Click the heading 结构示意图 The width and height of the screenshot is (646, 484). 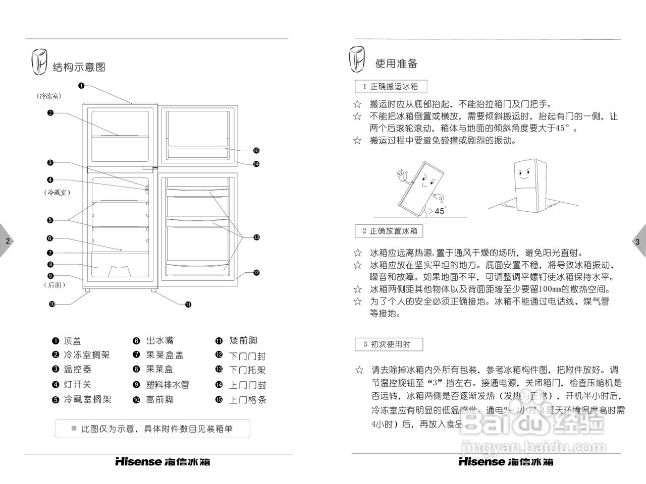click(x=79, y=67)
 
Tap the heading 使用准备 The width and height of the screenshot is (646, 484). click(x=396, y=64)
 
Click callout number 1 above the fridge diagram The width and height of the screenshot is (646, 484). click(x=81, y=85)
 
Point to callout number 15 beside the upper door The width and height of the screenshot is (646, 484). click(x=256, y=150)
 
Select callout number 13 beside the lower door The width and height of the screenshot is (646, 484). click(x=256, y=237)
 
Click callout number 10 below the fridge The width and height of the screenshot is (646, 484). click(x=52, y=304)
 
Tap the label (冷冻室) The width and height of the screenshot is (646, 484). click(x=52, y=96)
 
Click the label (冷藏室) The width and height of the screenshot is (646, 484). click(x=57, y=193)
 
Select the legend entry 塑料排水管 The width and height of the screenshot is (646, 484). click(x=168, y=384)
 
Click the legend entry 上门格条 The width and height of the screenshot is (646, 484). click(x=247, y=400)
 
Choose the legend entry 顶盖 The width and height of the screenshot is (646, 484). click(x=73, y=340)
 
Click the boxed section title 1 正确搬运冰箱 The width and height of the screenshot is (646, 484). click(x=391, y=87)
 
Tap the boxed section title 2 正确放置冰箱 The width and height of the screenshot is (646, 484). click(x=390, y=231)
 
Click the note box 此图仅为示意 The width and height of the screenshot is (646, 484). click(x=152, y=429)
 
